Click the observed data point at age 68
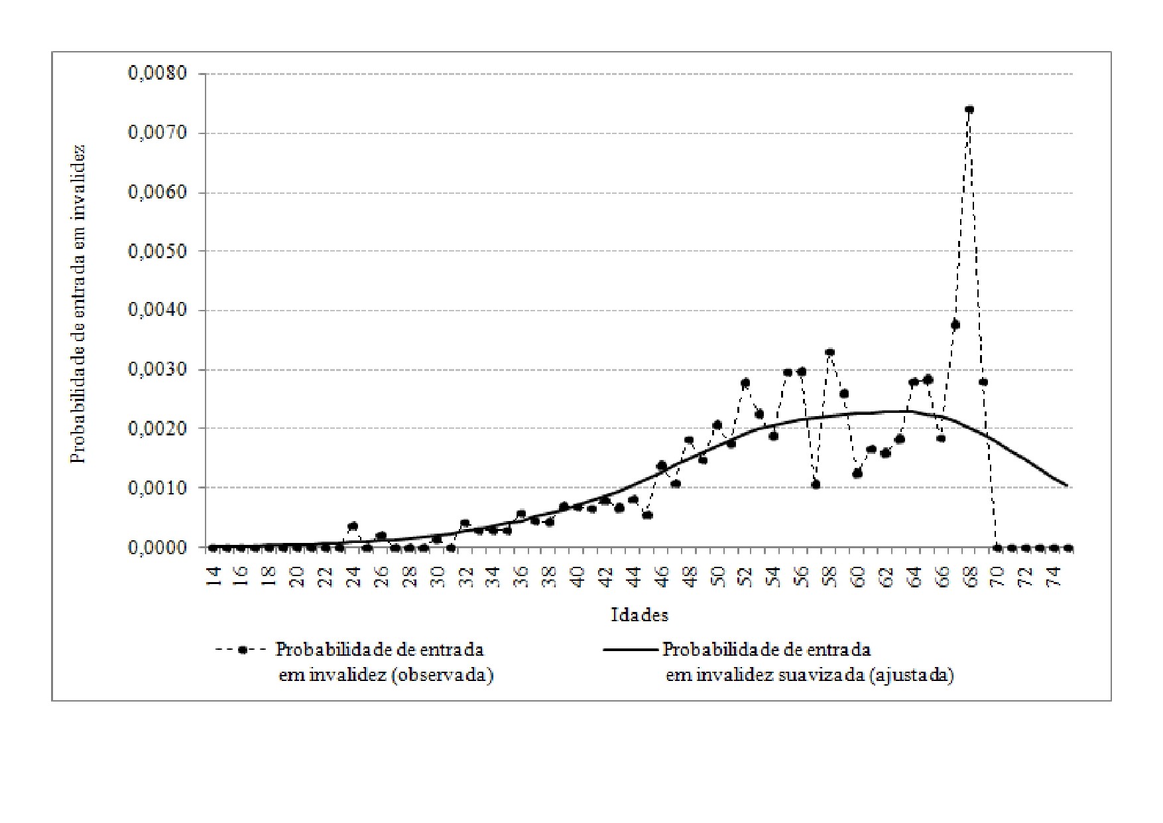(969, 110)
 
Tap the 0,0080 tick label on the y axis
(157, 73)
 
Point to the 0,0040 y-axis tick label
(157, 311)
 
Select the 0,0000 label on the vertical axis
(157, 548)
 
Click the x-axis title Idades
(639, 615)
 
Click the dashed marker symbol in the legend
(243, 650)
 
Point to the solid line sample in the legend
(630, 650)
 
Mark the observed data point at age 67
(955, 325)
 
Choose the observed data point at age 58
(829, 352)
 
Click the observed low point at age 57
(816, 485)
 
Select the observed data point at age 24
(353, 526)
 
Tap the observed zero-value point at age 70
(997, 548)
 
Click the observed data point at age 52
(745, 383)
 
